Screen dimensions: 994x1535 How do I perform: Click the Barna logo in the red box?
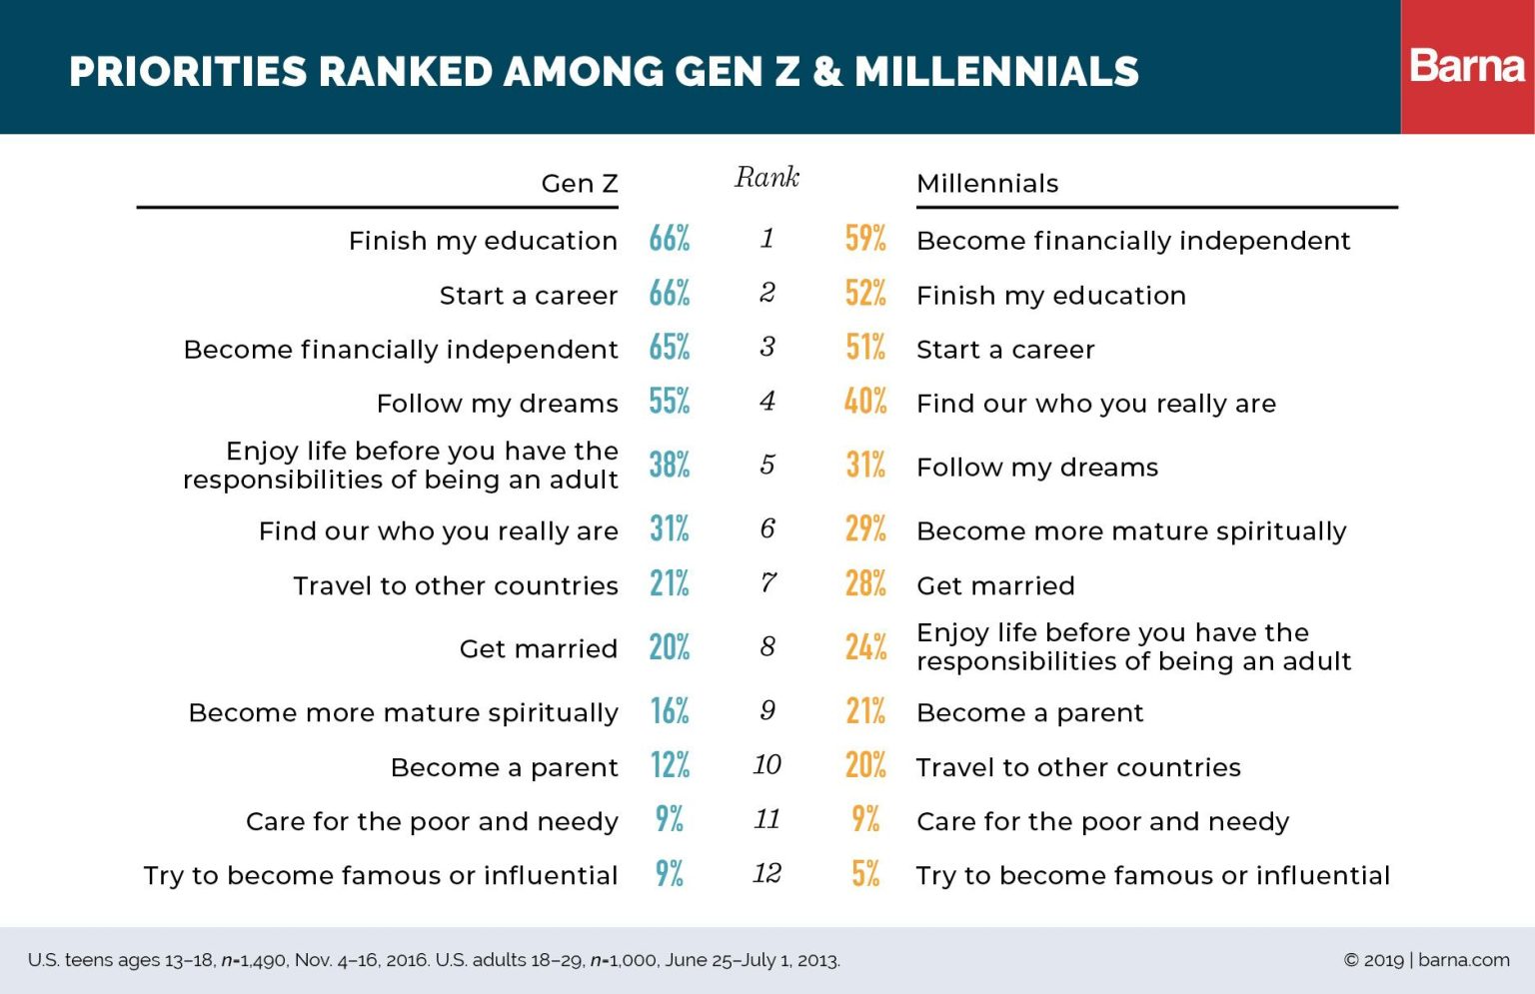(1467, 67)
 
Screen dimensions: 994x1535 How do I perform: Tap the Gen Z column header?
(580, 184)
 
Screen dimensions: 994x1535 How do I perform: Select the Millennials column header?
(987, 184)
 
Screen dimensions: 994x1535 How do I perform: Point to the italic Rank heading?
(767, 178)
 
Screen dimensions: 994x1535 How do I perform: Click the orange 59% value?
(865, 239)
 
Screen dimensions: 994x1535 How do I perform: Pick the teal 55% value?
(670, 402)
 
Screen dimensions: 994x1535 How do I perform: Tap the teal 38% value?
(670, 466)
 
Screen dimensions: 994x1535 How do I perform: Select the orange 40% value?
(865, 402)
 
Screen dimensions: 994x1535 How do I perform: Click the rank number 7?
(767, 583)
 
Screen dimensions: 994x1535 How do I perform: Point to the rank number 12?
(767, 874)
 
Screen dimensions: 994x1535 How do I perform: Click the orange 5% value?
(865, 874)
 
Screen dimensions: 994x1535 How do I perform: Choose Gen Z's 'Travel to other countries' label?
(456, 585)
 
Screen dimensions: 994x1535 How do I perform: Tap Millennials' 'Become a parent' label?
(1029, 713)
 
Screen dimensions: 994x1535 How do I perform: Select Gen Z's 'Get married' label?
(539, 649)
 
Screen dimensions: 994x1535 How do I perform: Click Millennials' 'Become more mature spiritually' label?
(1131, 531)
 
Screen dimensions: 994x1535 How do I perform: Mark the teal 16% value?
(670, 711)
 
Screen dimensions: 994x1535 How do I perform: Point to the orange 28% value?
(865, 583)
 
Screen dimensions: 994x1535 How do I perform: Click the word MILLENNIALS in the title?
(996, 72)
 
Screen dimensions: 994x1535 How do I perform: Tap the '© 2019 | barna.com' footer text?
(1426, 960)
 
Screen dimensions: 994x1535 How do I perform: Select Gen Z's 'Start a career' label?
(529, 296)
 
